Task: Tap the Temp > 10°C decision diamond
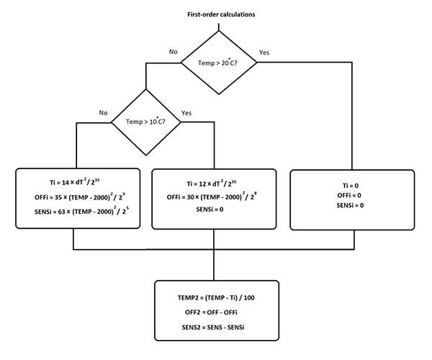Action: [x=145, y=122]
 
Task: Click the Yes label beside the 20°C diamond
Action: [x=264, y=52]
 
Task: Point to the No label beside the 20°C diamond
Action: [x=173, y=52]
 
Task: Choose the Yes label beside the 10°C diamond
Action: [x=187, y=112]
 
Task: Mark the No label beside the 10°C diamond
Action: [x=104, y=112]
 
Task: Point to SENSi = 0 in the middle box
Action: [x=214, y=209]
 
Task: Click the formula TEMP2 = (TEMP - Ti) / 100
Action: [x=216, y=297]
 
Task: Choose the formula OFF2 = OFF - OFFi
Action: [x=216, y=312]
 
